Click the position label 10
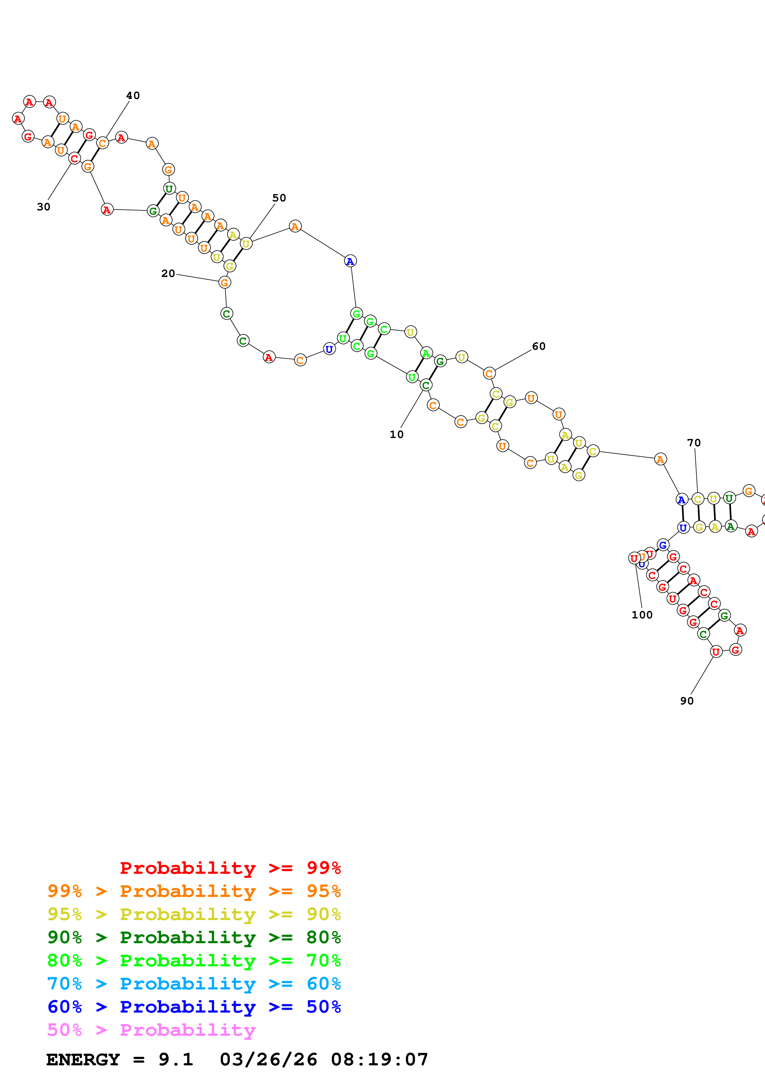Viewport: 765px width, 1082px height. pos(397,435)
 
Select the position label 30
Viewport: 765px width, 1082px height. pos(44,207)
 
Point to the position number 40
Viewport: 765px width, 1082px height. pos(133,96)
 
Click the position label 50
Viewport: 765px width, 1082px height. pos(279,198)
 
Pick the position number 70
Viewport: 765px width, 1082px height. pos(694,443)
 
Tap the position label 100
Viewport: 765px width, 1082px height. pos(642,615)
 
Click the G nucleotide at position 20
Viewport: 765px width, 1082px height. pos(225,283)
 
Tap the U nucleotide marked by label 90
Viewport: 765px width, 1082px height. pos(716,652)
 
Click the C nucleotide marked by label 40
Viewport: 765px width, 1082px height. pos(102,143)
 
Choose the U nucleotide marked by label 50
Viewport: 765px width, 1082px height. pos(246,244)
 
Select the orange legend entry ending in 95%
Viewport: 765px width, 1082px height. pos(194,891)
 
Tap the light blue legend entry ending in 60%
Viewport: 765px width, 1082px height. pos(194,984)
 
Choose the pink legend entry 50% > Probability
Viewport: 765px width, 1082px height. pos(151,1030)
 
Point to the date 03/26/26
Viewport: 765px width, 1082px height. pos(268,1059)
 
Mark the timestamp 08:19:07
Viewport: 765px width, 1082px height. pos(380,1059)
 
